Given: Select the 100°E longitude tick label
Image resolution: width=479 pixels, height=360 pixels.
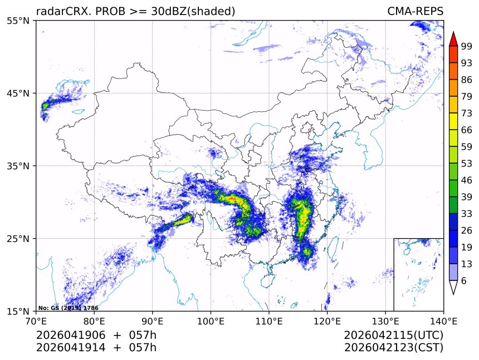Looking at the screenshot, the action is [x=211, y=321].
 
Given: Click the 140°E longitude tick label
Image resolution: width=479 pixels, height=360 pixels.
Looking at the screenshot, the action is [x=443, y=321].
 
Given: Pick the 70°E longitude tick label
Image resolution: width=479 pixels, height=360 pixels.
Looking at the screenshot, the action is [x=36, y=321].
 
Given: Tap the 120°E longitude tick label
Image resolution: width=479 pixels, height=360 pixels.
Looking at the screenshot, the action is [x=327, y=321].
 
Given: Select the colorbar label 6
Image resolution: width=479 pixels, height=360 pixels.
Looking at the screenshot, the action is [x=464, y=280].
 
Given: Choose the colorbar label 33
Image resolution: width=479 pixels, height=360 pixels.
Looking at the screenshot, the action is [x=467, y=214].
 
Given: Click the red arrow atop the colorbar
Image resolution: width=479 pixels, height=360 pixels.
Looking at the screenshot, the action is [x=453, y=39].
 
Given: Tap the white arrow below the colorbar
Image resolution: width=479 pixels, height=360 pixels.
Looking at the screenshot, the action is [x=453, y=287].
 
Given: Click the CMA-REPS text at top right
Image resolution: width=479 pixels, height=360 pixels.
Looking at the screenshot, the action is [x=415, y=12].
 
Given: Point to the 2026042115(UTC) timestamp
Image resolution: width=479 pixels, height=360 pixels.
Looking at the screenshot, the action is [x=393, y=336].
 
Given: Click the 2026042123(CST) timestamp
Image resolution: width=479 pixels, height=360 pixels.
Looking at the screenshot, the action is [x=393, y=348].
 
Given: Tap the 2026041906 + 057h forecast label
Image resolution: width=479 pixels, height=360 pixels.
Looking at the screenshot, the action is [x=96, y=336].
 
